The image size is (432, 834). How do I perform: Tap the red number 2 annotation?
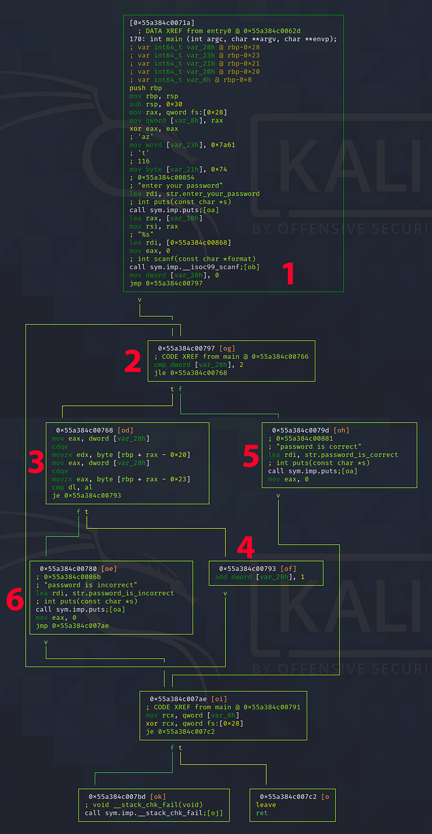(133, 361)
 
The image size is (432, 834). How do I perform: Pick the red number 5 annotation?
(251, 454)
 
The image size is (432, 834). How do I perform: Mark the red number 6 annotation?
(16, 599)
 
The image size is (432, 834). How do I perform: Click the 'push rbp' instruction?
(146, 88)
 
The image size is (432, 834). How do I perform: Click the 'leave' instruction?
(266, 804)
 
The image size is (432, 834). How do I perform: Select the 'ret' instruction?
(262, 813)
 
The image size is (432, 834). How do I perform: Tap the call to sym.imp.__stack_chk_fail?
(154, 813)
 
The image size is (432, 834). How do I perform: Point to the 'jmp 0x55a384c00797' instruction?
(166, 283)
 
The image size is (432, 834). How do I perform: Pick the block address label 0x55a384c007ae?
(179, 698)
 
